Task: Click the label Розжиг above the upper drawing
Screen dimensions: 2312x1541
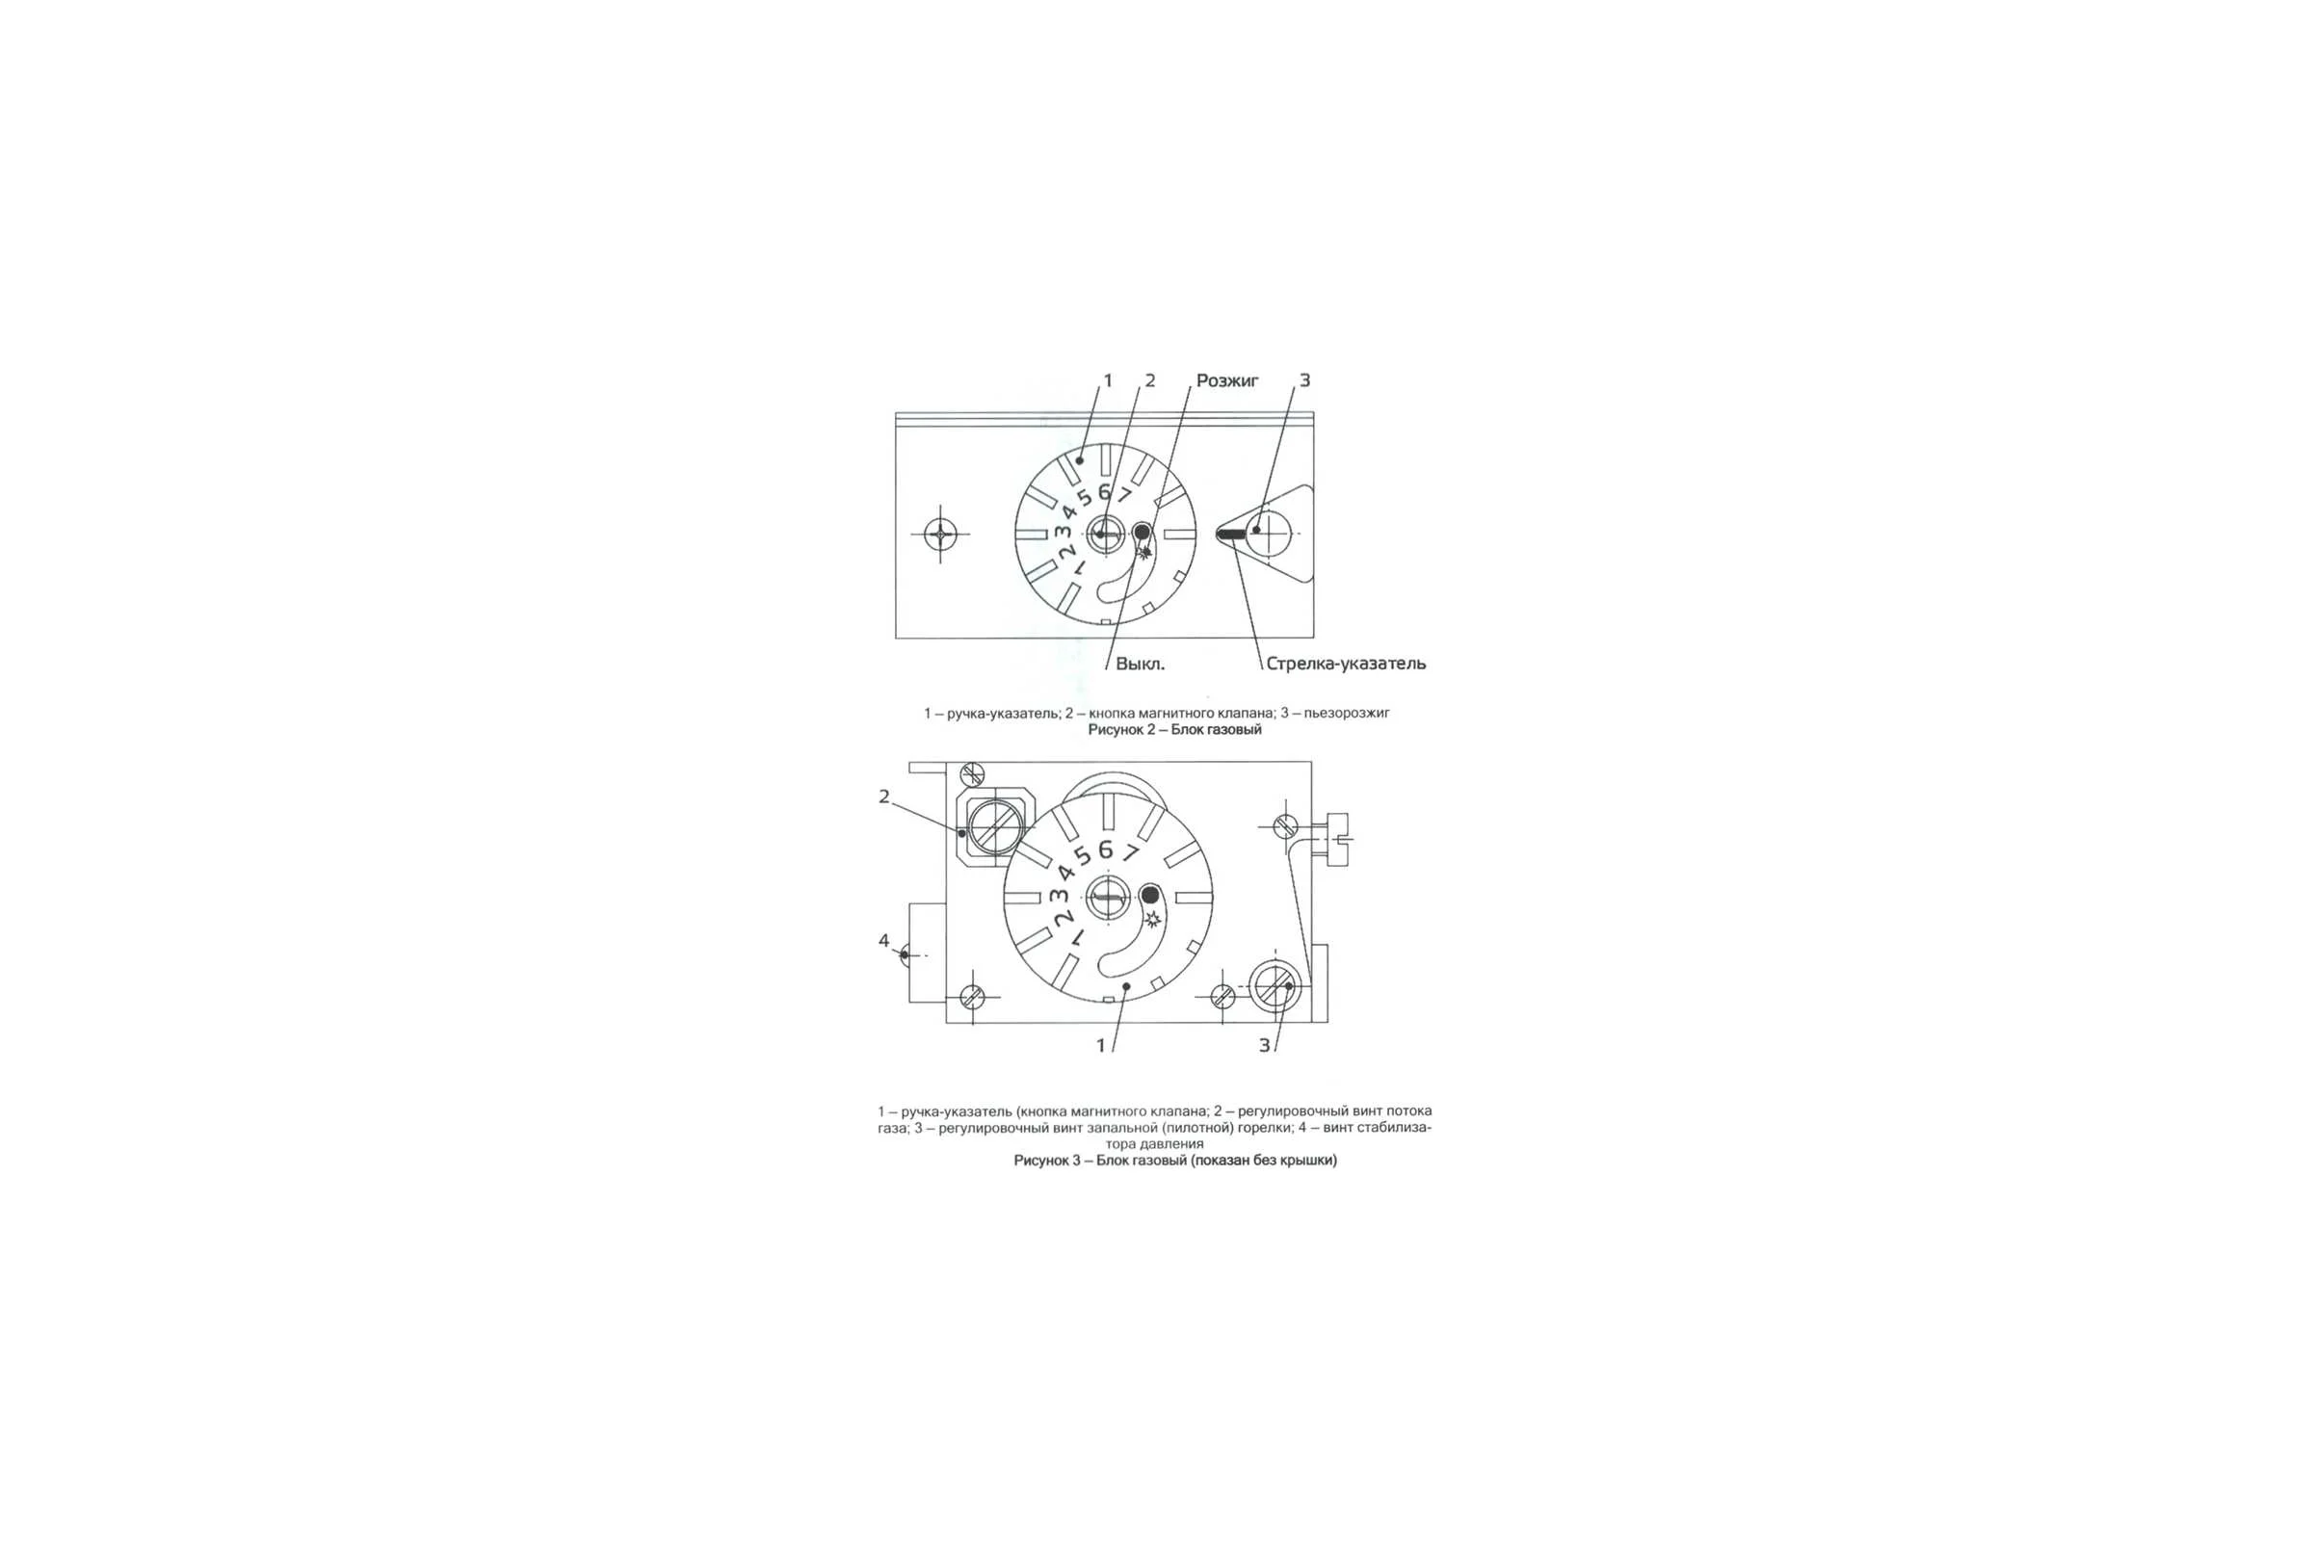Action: [1226, 380]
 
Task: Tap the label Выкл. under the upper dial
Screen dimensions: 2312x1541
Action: [1141, 664]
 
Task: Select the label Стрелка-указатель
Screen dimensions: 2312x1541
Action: [1346, 664]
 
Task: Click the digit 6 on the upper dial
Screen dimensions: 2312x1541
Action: [1104, 492]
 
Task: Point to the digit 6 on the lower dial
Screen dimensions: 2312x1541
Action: [1105, 849]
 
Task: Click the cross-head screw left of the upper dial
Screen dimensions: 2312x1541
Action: [941, 535]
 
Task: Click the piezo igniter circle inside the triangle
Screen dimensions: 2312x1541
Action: [1269, 533]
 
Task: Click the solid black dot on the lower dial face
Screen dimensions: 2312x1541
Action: [1149, 896]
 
